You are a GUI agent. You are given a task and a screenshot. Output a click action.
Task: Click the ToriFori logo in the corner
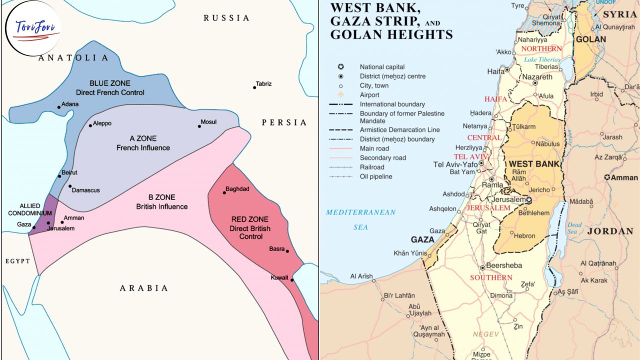click(32, 28)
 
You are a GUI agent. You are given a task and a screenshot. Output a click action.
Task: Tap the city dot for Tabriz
click(254, 87)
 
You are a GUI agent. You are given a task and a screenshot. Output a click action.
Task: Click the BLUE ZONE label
click(110, 87)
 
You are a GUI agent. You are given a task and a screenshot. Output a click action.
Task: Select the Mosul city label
click(208, 122)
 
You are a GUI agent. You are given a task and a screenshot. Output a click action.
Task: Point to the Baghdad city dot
click(224, 192)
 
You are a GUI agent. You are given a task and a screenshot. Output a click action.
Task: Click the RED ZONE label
click(250, 228)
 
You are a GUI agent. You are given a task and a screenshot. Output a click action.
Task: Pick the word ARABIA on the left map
click(143, 288)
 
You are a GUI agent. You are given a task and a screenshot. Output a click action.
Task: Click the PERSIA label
click(284, 122)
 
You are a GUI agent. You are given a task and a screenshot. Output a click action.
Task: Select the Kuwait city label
click(279, 277)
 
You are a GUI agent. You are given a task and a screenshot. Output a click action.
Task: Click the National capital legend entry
click(382, 67)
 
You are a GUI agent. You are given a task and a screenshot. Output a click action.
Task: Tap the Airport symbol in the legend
click(340, 94)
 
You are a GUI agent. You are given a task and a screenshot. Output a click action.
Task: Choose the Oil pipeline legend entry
click(375, 176)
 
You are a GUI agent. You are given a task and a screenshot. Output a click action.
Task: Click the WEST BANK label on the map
click(534, 164)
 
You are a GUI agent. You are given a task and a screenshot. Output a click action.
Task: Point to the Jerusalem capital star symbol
click(528, 199)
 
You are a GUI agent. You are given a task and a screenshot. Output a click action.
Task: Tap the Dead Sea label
click(574, 228)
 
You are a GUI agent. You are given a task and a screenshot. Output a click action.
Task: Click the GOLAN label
click(590, 39)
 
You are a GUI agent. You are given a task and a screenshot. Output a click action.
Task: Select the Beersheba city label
click(504, 266)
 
